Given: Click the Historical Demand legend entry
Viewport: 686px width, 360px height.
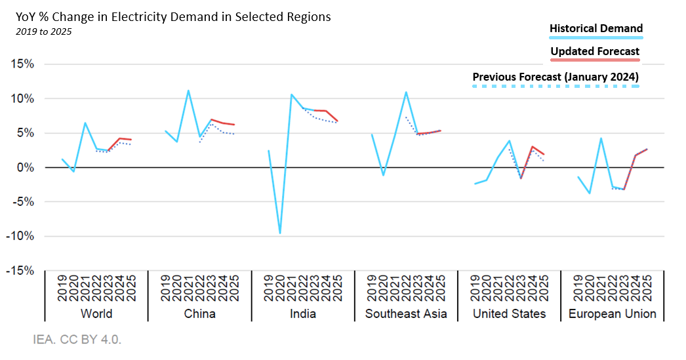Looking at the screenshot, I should pos(595,29).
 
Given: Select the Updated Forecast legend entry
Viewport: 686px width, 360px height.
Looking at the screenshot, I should pos(595,51).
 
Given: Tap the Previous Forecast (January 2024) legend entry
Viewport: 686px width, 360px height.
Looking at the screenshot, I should pos(555,77).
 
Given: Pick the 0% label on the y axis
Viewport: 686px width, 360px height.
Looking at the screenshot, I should pos(25,167).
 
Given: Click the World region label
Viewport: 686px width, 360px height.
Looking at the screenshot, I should pos(96,313).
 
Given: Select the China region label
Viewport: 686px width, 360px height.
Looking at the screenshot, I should pos(199,313).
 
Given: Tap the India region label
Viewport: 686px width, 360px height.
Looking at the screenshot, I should pos(303,313).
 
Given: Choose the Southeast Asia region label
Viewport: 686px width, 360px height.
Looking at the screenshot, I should pos(406,313).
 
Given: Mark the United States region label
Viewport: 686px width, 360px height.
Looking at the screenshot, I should pos(509,313).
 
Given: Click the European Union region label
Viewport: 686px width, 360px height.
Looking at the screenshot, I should pos(612,313).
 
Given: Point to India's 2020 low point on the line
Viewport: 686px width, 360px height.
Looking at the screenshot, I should pos(280,233).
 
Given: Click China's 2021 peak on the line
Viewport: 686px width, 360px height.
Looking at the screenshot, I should pos(188,90).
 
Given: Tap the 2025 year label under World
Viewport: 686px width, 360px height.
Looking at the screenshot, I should pos(131,289).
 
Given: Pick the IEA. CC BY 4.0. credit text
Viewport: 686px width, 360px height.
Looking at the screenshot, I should pos(77,340).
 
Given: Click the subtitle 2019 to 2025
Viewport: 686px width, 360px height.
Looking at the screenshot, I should pos(43,31).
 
